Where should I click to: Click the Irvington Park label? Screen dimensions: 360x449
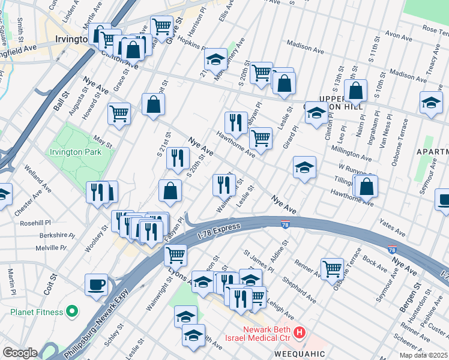[74, 152]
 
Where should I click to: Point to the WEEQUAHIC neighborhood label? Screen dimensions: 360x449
[300, 354]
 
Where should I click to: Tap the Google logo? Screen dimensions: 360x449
[19, 353]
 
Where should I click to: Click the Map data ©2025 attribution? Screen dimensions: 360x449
[424, 355]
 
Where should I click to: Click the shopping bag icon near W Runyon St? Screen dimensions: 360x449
[366, 186]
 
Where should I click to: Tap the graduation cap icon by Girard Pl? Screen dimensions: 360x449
[304, 167]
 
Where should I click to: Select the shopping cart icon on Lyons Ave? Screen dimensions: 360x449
[175, 255]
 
